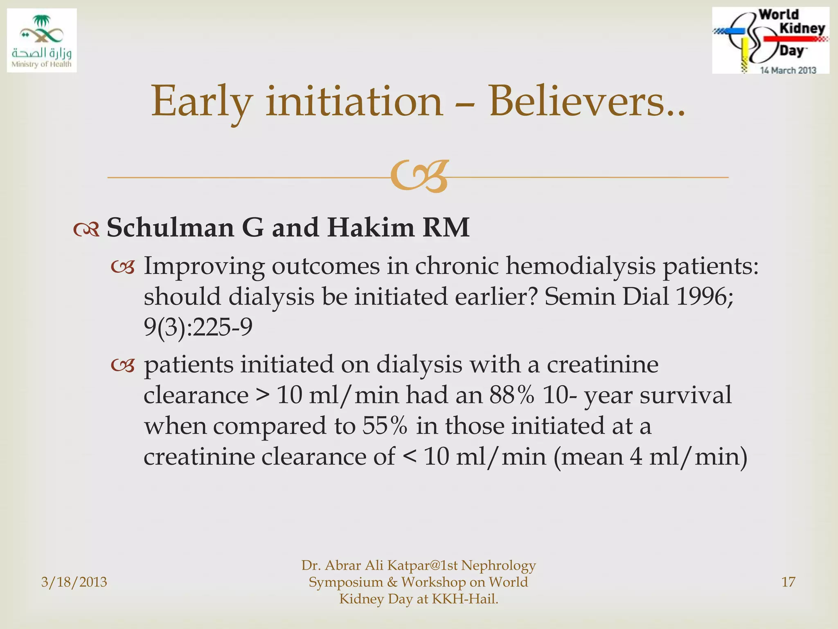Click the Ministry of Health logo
42,40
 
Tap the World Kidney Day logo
770,40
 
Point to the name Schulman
170,227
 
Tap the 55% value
385,426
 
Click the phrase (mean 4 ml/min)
651,457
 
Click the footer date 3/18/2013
74,582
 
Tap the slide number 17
788,582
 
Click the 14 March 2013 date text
788,70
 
